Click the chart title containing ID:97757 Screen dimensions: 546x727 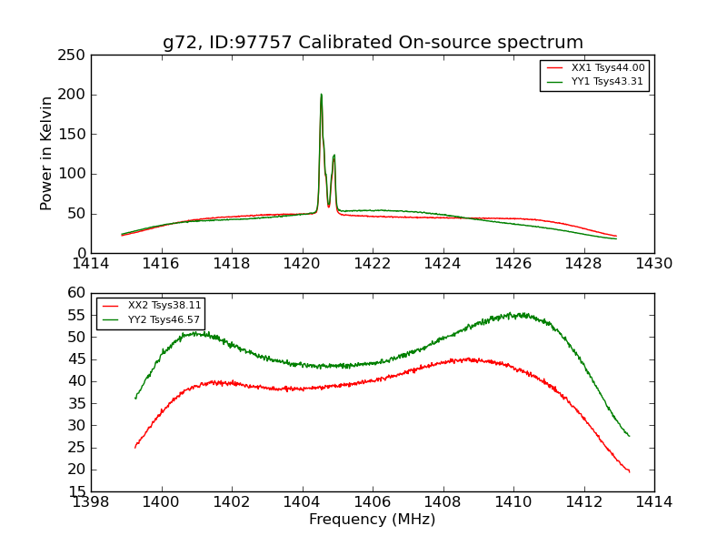373,43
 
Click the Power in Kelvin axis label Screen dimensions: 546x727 47,154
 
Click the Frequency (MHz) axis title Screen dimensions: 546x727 373,520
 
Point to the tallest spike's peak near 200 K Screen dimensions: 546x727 321,95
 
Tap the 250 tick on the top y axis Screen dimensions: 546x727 75,55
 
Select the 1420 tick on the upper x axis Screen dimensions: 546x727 302,264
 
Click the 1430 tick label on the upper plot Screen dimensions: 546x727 654,264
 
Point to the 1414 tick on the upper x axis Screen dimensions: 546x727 91,264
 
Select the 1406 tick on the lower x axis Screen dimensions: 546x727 373,502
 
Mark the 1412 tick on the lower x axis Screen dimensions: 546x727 583,502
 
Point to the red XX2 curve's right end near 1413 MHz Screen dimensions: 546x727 629,470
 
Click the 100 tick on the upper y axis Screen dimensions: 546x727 75,174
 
